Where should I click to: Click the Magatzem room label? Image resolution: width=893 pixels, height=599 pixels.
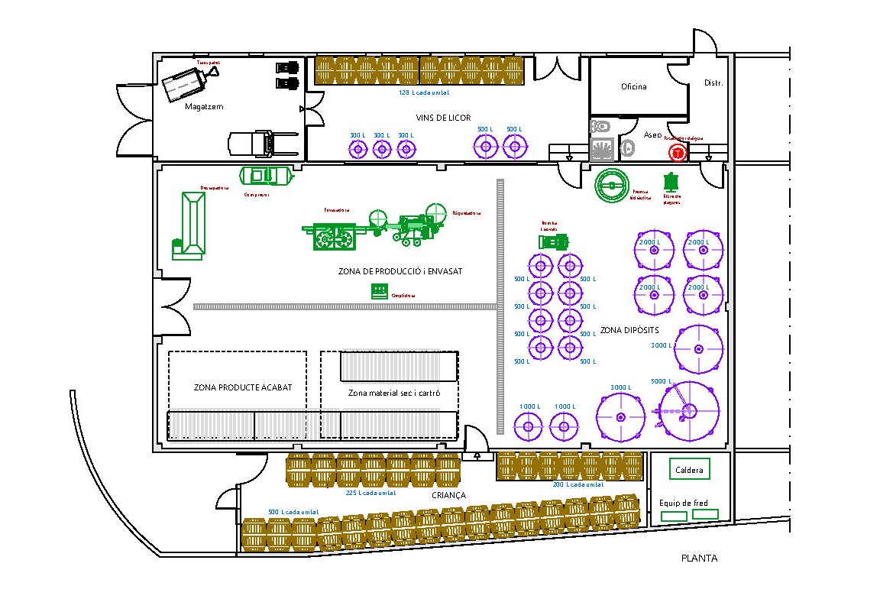pos(204,107)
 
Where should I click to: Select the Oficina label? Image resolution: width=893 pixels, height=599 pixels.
pos(633,86)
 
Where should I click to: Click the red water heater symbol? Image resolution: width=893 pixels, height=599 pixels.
pos(677,153)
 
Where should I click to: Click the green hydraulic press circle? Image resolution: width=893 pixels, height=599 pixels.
pos(611,186)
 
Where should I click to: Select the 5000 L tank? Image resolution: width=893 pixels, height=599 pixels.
pos(689,412)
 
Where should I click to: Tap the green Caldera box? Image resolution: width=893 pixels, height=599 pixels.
pos(689,470)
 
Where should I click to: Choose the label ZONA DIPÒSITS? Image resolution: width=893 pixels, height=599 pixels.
pos(629,330)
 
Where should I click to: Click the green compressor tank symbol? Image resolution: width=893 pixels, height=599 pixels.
pos(267,176)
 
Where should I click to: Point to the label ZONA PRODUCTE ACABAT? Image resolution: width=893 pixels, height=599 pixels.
pos(243,387)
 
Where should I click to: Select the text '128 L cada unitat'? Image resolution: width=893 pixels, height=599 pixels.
pos(423,92)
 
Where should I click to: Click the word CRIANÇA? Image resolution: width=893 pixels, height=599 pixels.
pos(448,495)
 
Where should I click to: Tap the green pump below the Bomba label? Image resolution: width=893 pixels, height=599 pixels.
pos(553,241)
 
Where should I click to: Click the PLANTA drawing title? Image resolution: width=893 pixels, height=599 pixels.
pos(699,558)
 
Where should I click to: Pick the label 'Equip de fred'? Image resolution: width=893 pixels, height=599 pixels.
pos(683,503)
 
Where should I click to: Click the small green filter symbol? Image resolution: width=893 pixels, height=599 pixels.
pos(672,183)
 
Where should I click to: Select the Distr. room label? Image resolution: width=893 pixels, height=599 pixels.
pos(713,83)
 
